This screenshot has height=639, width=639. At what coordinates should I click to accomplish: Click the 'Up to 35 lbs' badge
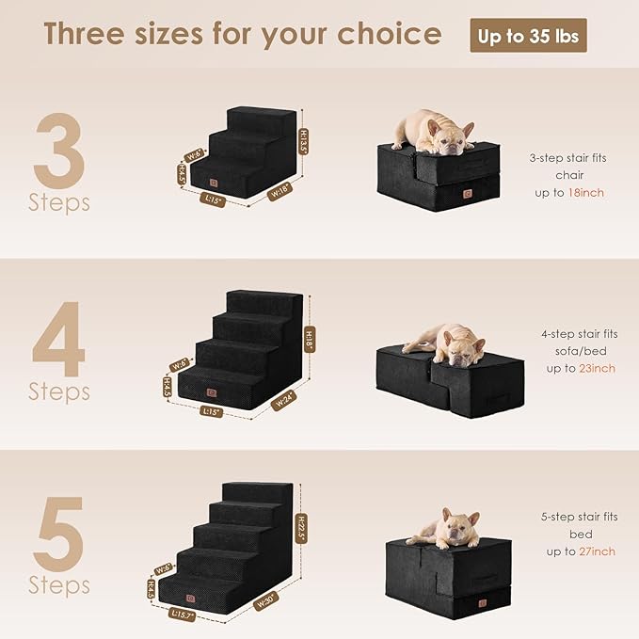click(x=528, y=36)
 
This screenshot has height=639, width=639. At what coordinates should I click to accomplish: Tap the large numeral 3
click(x=59, y=151)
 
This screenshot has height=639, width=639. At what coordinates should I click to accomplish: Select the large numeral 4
click(x=58, y=339)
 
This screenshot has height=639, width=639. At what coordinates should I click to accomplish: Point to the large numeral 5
click(x=59, y=534)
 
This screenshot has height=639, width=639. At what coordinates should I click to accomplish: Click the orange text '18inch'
click(x=586, y=192)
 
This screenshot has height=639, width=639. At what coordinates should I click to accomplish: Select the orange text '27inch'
click(x=598, y=551)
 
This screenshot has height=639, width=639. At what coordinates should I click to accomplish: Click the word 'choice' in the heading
click(x=387, y=35)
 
